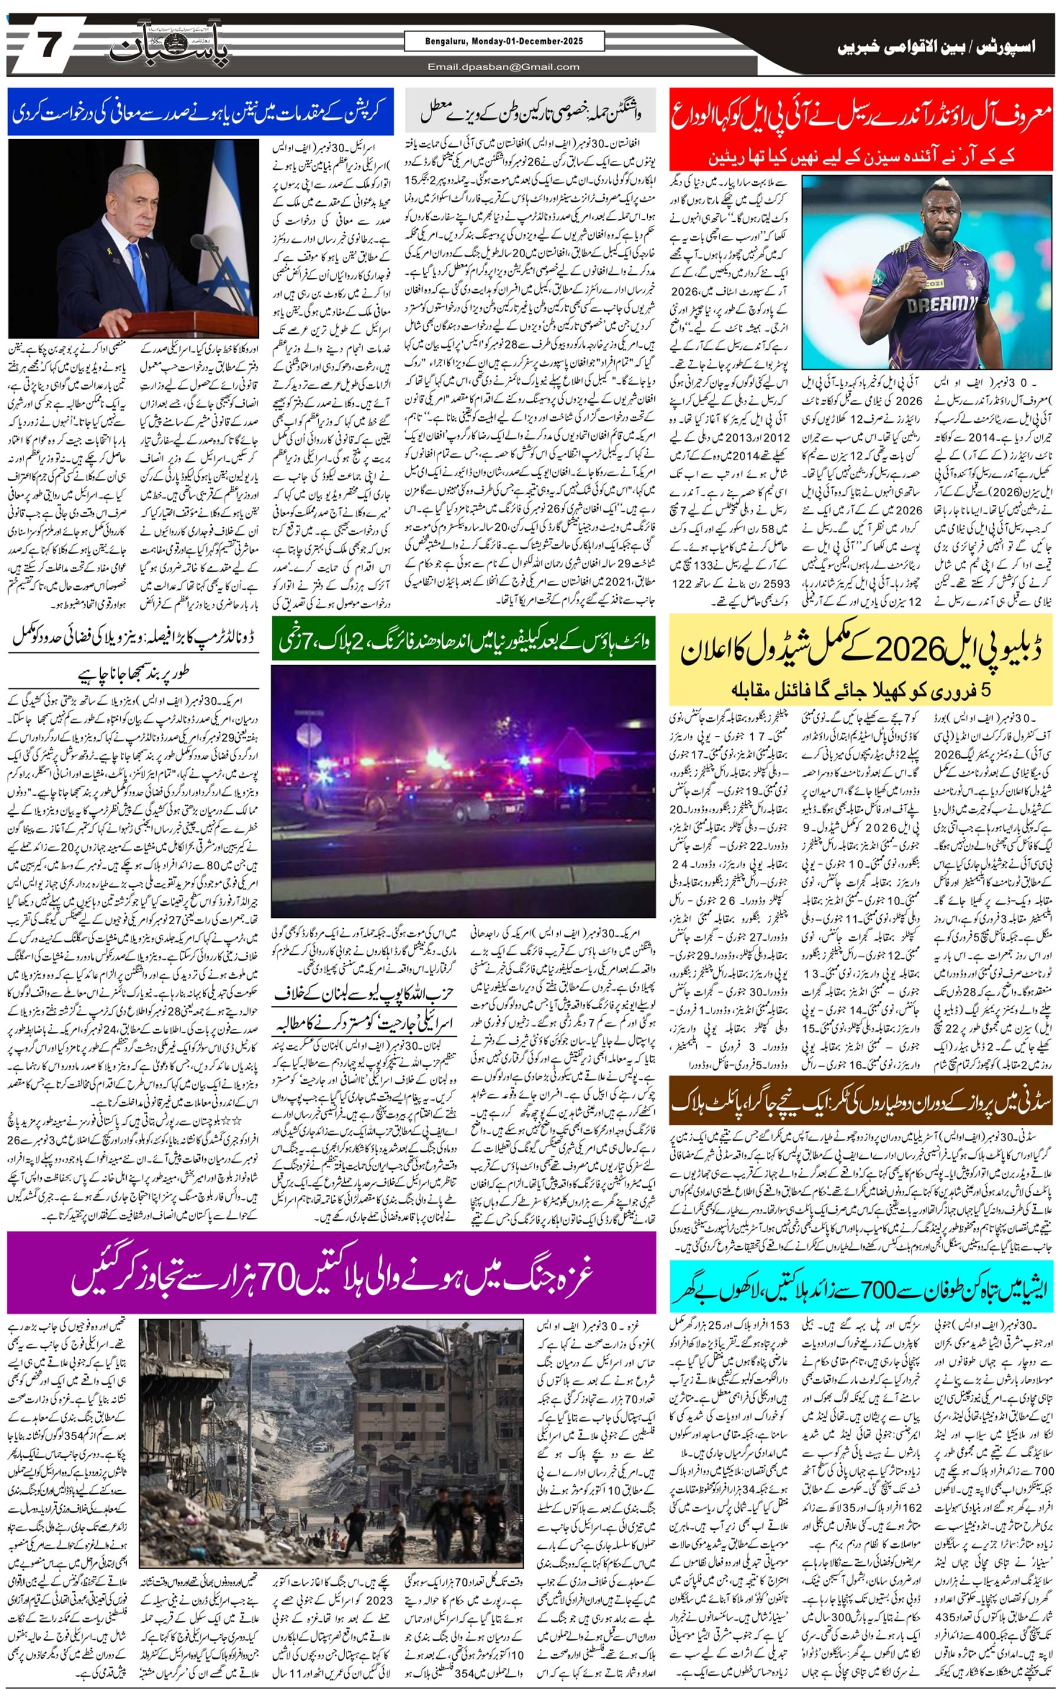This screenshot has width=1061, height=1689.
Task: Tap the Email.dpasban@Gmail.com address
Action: click(503, 67)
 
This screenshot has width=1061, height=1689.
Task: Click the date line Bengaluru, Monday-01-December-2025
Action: click(503, 41)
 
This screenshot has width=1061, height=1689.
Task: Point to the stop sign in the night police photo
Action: click(308, 735)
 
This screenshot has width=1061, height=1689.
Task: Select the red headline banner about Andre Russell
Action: click(861, 129)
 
